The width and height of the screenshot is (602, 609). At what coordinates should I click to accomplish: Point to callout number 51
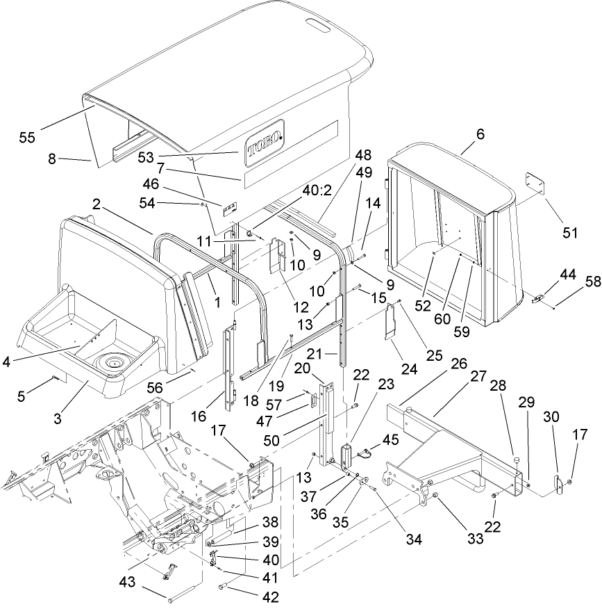[570, 233]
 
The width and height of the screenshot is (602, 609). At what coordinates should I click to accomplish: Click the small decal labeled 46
[228, 207]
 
